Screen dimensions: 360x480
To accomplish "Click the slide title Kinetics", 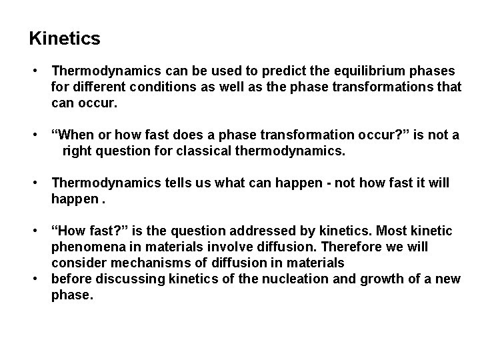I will click(65, 39).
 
